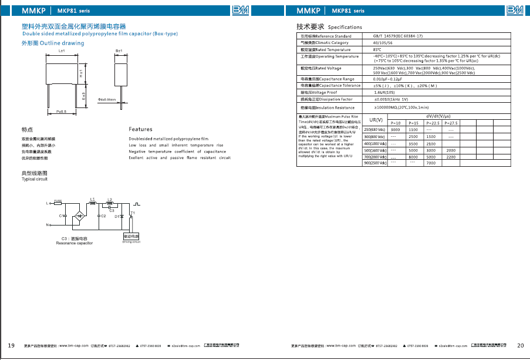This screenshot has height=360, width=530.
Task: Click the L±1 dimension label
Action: tap(62, 52)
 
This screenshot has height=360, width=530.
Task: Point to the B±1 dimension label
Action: tap(119, 52)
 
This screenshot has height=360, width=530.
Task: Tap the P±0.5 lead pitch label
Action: tap(61, 111)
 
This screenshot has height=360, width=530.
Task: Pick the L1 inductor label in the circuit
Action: tap(92, 199)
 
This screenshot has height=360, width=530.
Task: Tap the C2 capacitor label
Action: tap(103, 216)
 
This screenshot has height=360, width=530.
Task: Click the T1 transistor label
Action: tap(133, 212)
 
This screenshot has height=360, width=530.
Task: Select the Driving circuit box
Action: tap(131, 236)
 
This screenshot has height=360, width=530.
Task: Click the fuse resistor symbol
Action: tap(58, 203)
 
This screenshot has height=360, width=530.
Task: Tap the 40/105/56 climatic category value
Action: tap(384, 43)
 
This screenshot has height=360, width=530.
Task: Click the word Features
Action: tap(140, 129)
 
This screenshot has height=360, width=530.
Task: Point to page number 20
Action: tap(521, 345)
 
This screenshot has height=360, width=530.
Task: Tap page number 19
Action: tap(11, 345)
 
